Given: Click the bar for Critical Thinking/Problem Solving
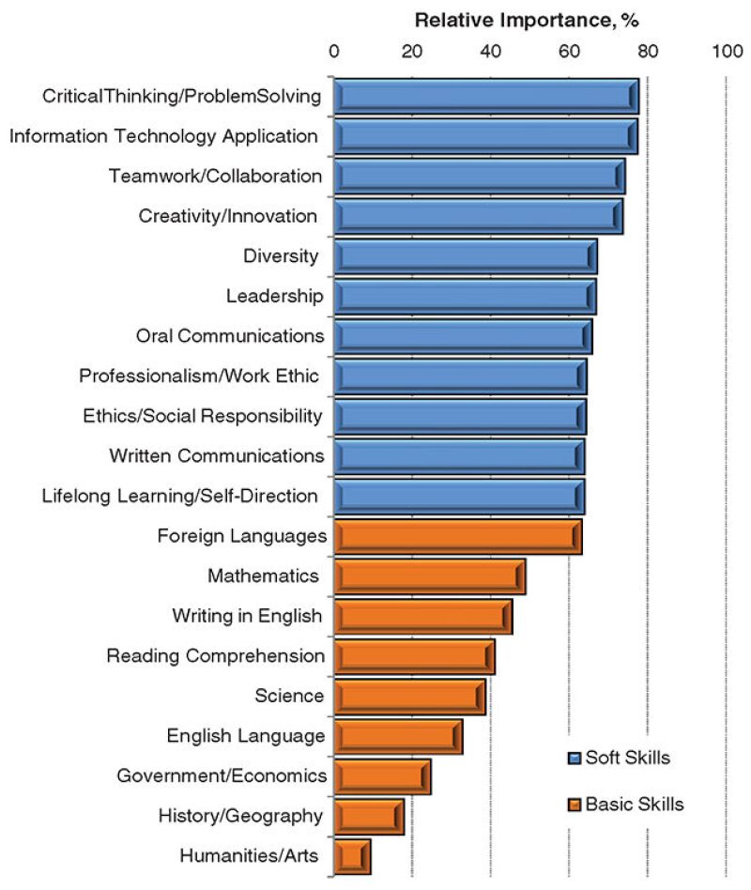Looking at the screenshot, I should point(485,97).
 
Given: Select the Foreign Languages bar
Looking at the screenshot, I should point(457,536).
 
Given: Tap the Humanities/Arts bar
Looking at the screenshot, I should point(351,856).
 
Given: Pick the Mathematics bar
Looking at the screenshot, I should point(429,575).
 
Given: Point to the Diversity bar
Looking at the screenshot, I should point(465,256).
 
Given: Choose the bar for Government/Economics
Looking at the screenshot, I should point(381,776).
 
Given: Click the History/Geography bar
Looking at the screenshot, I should point(368,816).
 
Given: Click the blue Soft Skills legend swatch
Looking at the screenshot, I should point(575,758).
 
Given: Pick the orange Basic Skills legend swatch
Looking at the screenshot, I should point(575,805).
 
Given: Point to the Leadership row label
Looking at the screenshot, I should point(274,297).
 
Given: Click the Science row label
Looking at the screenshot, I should point(289,696).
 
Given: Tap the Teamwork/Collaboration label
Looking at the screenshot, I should point(215,176).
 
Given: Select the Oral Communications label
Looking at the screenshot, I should point(229,336).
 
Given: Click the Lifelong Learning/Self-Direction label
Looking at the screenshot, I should point(179,496).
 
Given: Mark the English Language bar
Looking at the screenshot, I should point(397,736).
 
